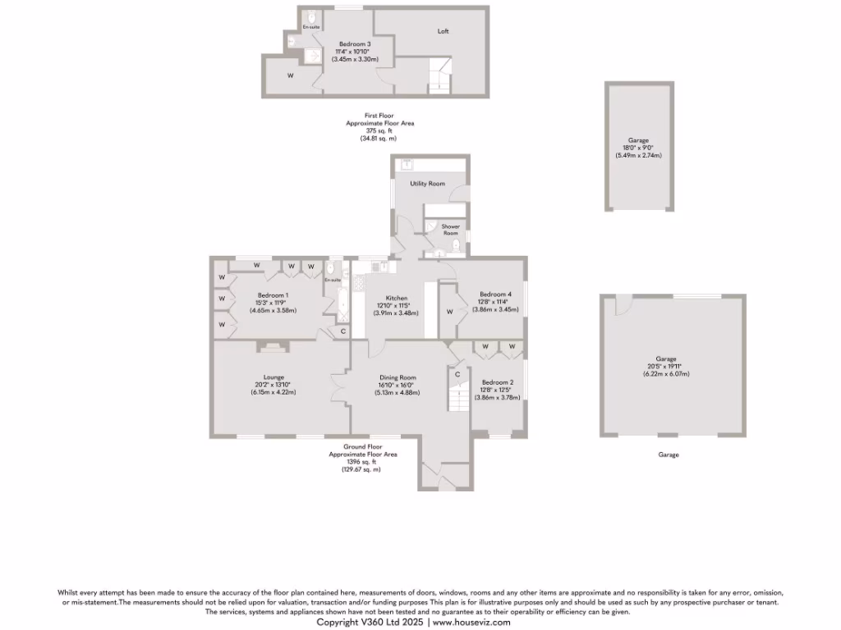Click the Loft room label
pos(443,31)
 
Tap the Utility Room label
pos(428,184)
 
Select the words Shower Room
pos(450,230)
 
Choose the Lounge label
pos(273,377)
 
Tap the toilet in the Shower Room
pos(456,244)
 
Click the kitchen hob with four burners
pos(379,267)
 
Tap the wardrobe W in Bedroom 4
pos(449,312)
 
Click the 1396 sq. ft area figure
pos(362,462)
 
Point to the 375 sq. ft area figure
pos(379,131)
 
